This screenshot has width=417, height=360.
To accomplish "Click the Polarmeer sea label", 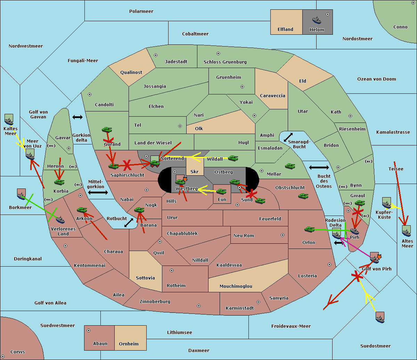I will pos(141,11).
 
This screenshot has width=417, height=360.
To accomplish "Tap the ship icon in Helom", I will pos(317,20).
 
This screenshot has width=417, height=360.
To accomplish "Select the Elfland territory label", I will pos(285,30).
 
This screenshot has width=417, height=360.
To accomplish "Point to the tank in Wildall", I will pos(233,158).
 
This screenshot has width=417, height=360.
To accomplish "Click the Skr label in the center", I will pos(195,172).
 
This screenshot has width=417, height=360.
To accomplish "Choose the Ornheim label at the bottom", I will pos(129,344).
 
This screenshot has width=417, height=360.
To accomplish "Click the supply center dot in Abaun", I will pos(89,330).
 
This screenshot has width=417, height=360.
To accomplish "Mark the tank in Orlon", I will pos(309,229).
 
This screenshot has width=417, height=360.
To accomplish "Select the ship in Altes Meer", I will pos(406,231).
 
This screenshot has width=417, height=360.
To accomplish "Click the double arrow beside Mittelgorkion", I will pos(98,192).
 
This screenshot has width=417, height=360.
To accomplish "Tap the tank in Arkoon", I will pos(82,210).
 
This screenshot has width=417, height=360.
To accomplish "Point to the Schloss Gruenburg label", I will pos(225,62).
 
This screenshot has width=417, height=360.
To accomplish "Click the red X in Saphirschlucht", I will pos(127,165).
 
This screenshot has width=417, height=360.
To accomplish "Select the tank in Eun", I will pos(221,192).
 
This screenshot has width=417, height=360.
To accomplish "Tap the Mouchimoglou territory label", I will pos(236,286).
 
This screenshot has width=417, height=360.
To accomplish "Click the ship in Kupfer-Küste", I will pos(386,203).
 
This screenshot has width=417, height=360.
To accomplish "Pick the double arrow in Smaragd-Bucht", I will pos(288,137).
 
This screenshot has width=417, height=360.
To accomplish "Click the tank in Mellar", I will pos(290,166).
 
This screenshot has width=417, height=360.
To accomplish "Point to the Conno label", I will pos(400,27).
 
